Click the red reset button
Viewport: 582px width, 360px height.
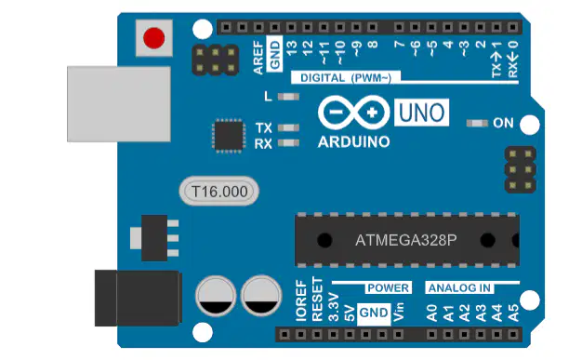click(154, 38)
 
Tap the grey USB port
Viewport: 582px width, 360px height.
click(119, 104)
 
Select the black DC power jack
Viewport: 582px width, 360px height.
click(139, 299)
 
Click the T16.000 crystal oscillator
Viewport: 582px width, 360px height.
click(219, 192)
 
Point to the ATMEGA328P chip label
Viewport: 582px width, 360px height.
click(405, 240)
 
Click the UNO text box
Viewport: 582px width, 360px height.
click(422, 113)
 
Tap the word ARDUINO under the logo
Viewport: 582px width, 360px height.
click(353, 142)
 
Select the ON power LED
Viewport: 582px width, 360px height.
click(477, 123)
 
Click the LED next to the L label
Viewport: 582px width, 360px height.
click(288, 97)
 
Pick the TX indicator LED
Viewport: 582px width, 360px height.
click(288, 127)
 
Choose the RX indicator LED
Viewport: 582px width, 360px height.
click(288, 142)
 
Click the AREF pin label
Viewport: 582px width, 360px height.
click(258, 58)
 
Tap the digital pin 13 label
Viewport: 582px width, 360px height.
click(291, 47)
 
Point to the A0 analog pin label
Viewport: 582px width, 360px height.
click(432, 313)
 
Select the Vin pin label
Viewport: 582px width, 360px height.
click(398, 312)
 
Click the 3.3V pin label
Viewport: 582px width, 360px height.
click(334, 307)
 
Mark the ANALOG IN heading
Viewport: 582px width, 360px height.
click(459, 288)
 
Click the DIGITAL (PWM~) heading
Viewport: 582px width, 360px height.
click(346, 78)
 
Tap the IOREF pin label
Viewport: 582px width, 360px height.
click(301, 300)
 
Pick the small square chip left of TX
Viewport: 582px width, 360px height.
click(229, 136)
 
